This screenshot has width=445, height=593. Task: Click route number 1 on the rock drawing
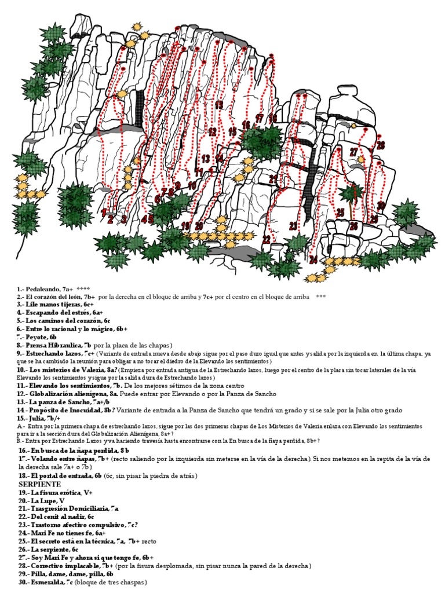(104, 213)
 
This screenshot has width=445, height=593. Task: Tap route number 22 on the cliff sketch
(267, 239)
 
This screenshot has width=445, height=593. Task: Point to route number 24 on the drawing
(313, 259)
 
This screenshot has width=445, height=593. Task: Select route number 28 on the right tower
(381, 145)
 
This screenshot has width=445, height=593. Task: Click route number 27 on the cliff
(354, 152)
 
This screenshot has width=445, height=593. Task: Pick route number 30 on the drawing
(381, 206)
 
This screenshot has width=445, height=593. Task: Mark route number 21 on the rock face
(273, 180)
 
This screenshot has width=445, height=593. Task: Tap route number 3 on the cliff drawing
(124, 219)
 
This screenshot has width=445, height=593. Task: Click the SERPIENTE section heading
(40, 483)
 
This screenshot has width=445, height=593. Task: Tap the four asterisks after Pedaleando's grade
(83, 288)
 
